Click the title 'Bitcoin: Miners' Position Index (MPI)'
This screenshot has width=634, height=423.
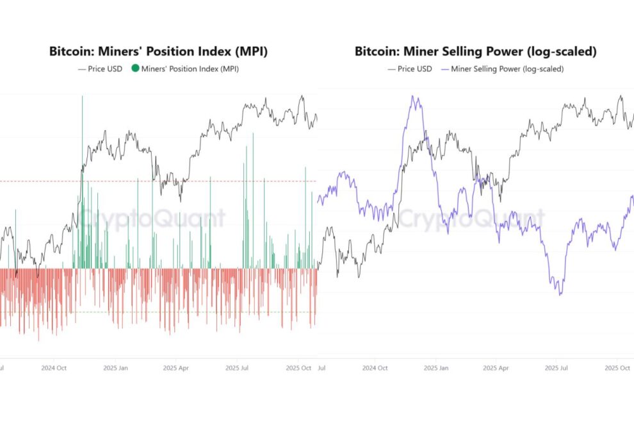pyautogui.click(x=158, y=52)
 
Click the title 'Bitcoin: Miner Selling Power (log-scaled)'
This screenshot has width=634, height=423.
pyautogui.click(x=475, y=52)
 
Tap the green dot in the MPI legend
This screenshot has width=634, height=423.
pyautogui.click(x=134, y=69)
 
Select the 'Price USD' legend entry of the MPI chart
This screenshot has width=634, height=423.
pyautogui.click(x=101, y=69)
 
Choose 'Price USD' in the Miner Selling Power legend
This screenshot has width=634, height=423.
pyautogui.click(x=410, y=69)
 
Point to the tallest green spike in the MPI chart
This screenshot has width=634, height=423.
pyautogui.click(x=82, y=97)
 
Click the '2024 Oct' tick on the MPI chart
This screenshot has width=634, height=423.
pyautogui.click(x=54, y=369)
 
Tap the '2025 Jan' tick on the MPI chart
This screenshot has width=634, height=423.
pyautogui.click(x=115, y=369)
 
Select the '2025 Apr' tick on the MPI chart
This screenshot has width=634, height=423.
pyautogui.click(x=175, y=369)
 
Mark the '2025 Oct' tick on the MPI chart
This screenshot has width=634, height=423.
pyautogui.click(x=298, y=369)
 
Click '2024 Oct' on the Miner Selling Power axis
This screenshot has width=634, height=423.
pyautogui.click(x=374, y=369)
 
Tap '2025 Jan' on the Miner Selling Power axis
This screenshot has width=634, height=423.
pyautogui.click(x=435, y=369)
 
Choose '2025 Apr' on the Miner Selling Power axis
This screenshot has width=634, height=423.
pyautogui.click(x=496, y=369)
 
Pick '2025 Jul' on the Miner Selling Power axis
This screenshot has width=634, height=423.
pyautogui.click(x=555, y=369)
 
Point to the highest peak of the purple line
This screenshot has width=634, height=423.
pyautogui.click(x=414, y=97)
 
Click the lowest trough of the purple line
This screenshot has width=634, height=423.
pyautogui.click(x=560, y=294)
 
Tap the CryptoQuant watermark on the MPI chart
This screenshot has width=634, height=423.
pyautogui.click(x=152, y=219)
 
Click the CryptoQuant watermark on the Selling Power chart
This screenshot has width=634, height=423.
pyautogui.click(x=471, y=219)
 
